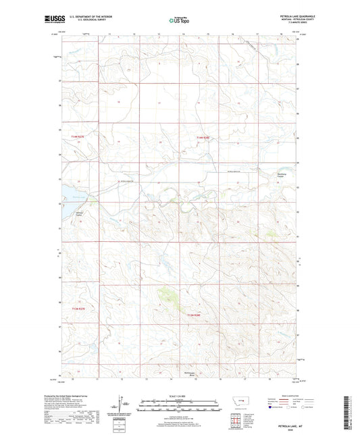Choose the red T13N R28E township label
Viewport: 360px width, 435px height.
tap(195, 314)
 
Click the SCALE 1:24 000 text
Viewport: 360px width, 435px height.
tap(180, 395)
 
